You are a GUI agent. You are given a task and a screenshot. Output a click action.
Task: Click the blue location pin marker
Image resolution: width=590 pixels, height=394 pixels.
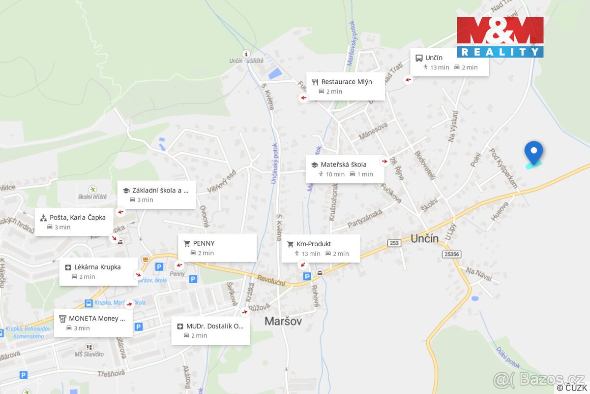click(533, 152)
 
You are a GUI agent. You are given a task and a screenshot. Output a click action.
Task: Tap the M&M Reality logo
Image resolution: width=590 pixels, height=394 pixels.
click(500, 37)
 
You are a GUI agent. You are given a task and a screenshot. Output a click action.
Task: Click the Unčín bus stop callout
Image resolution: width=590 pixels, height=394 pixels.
click(449, 62)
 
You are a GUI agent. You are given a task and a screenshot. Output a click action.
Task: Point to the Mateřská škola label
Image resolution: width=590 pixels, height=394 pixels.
click(345, 169)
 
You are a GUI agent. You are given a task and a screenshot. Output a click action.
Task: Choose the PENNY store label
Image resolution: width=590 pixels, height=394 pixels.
click(217, 248)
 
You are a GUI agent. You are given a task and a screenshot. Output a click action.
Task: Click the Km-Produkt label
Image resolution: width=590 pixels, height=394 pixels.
click(321, 248)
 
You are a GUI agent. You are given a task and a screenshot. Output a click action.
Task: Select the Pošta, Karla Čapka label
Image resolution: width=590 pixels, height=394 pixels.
click(74, 222)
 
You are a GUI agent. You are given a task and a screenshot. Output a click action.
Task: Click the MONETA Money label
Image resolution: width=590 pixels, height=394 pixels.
click(93, 323)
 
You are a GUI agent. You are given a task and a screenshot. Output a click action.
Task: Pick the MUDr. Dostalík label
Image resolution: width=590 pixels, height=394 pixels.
click(210, 330)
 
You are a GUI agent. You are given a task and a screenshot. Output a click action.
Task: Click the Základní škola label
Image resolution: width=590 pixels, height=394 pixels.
click(156, 195)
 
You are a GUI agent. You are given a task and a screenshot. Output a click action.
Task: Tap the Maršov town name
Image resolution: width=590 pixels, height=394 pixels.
click(283, 321)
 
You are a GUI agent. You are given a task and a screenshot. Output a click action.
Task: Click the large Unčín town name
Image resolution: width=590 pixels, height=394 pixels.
click(424, 239)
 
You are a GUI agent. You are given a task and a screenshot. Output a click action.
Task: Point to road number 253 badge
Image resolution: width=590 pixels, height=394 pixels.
click(394, 243)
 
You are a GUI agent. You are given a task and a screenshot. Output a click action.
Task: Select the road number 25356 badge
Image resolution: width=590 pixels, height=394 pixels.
click(451, 254)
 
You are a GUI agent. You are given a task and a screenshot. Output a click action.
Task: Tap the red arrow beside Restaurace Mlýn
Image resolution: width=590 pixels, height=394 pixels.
click(303, 98)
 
